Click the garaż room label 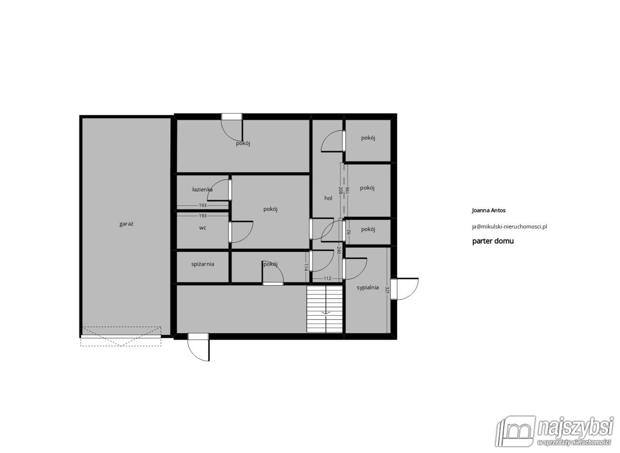(126, 224)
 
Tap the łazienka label (203, 189)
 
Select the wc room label (203, 228)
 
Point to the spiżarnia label (203, 264)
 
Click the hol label (328, 198)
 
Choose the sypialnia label (367, 287)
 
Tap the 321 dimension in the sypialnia (387, 289)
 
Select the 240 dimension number (338, 250)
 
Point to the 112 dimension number (327, 278)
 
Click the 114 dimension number (306, 267)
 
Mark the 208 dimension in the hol (340, 190)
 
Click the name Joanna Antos (489, 211)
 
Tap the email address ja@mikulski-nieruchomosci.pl (509, 226)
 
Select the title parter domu (493, 241)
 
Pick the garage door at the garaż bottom (121, 336)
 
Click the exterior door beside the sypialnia (405, 289)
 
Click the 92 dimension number (349, 232)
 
